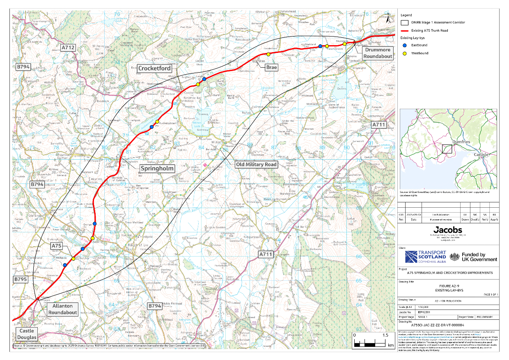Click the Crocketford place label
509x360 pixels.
pos(155,69)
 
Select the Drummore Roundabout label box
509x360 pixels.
pos(377,53)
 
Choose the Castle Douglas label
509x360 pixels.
pos(27,334)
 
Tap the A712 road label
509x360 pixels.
pos(68,48)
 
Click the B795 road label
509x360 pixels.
pos(20,280)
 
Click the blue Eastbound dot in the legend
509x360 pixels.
pos(404,46)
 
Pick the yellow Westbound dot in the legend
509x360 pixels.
pos(404,53)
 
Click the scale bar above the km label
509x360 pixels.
pos(369,342)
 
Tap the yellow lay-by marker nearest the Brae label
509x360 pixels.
pos(268,54)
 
